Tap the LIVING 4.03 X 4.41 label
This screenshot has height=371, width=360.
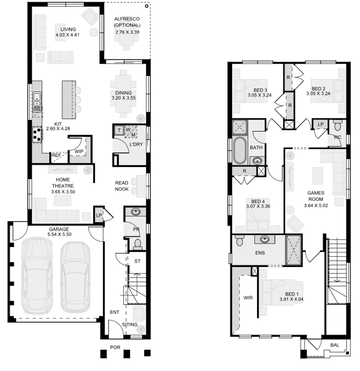point(68,32)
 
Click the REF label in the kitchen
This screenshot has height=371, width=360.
point(56,155)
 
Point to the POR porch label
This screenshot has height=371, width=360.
point(115,348)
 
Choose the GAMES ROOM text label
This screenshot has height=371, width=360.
point(316,195)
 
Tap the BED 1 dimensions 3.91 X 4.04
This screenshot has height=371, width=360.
point(291,300)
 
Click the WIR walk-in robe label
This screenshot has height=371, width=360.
point(248,298)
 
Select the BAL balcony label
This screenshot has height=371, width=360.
point(334,345)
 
